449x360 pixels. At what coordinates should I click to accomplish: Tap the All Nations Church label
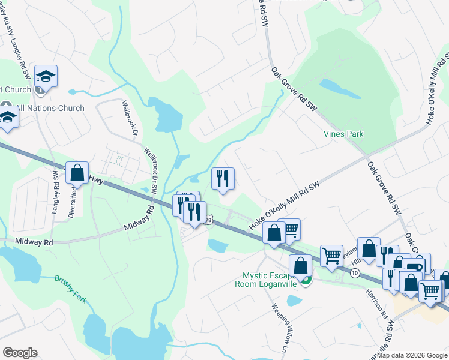point(50,109)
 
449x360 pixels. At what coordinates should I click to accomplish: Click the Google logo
point(20,353)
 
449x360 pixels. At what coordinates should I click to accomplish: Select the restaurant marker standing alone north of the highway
point(223,178)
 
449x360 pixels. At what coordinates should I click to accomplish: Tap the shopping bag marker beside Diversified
point(77,173)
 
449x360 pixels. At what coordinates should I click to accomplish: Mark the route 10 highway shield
point(355,273)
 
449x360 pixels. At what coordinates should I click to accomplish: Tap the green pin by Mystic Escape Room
point(306,280)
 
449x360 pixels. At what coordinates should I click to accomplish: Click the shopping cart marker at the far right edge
point(430,290)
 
